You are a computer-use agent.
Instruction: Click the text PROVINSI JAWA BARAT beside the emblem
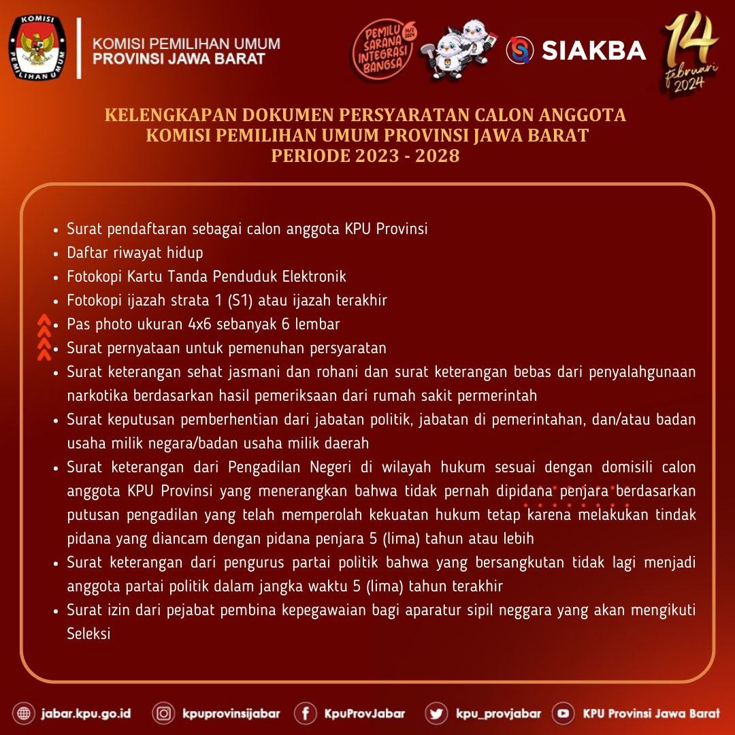click(x=179, y=59)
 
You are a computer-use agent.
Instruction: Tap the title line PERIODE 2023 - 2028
click(x=365, y=156)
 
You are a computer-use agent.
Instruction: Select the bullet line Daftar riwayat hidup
click(x=135, y=252)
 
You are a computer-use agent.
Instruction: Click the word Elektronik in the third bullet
click(x=314, y=276)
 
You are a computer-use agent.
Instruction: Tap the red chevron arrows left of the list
click(x=44, y=336)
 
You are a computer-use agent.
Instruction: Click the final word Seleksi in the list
click(x=88, y=634)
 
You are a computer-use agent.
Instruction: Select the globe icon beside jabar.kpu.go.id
click(x=24, y=713)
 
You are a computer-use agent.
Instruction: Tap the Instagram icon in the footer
click(x=163, y=713)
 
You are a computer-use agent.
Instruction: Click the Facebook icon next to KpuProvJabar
click(x=306, y=713)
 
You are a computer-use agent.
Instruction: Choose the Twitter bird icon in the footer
click(x=436, y=713)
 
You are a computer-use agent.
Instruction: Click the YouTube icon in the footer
click(x=563, y=713)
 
